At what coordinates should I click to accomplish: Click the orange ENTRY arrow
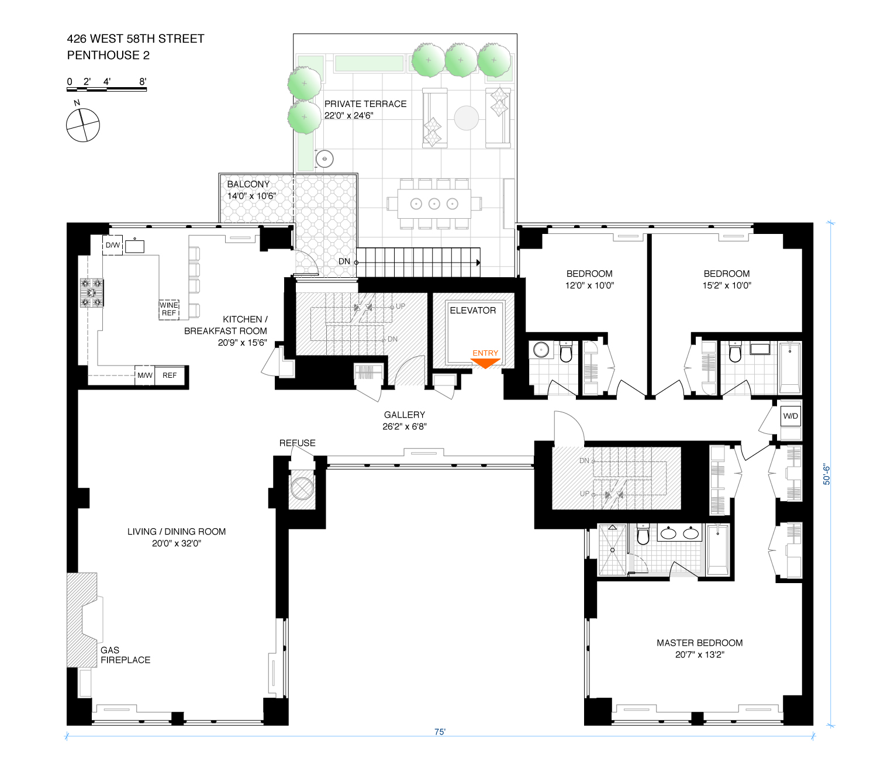[x=485, y=363]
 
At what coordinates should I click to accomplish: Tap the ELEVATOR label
[x=472, y=311]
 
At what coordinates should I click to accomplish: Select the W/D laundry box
[x=790, y=416]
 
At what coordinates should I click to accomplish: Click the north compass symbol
[x=83, y=125]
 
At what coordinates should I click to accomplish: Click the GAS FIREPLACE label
[x=125, y=655]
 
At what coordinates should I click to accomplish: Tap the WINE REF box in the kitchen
[x=169, y=309]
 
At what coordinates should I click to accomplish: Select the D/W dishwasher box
[x=113, y=245]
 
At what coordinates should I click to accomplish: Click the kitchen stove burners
[x=92, y=292]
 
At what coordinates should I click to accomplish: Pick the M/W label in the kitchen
[x=145, y=375]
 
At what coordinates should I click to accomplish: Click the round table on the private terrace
[x=467, y=118]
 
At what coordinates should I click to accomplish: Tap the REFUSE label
[x=297, y=443]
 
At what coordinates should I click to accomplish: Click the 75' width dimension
[x=440, y=732]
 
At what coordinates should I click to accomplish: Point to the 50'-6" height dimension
[x=827, y=474]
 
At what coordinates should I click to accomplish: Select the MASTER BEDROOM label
[x=699, y=643]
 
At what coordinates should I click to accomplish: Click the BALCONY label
[x=248, y=184]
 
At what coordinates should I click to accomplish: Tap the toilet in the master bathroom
[x=643, y=535]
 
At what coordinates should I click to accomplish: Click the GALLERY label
[x=405, y=415]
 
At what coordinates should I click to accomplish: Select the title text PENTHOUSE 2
[x=108, y=55]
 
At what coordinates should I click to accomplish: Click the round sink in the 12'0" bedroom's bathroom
[x=541, y=350]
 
